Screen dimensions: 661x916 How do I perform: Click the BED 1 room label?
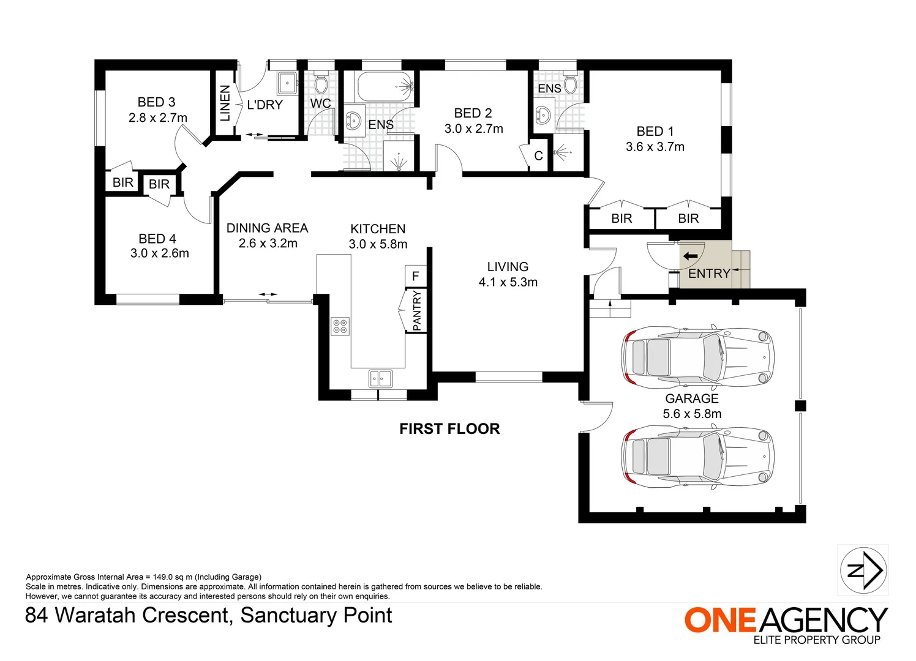[655, 132]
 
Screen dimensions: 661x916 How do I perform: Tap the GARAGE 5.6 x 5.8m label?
[692, 406]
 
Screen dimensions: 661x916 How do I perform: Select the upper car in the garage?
[697, 356]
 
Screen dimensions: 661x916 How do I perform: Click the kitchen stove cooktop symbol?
[340, 326]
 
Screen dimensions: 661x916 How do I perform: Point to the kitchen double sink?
[380, 378]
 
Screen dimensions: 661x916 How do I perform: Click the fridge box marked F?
[415, 276]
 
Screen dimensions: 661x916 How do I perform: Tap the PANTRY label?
[417, 311]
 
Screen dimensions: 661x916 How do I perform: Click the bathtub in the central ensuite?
[385, 87]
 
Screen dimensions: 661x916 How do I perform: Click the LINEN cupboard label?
[225, 103]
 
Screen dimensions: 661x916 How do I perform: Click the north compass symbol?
[863, 570]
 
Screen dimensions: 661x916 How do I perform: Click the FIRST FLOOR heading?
[449, 429]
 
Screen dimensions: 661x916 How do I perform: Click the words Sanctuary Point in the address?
[316, 615]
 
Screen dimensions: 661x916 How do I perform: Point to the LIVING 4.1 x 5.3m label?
[508, 274]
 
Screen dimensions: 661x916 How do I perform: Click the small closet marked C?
[538, 155]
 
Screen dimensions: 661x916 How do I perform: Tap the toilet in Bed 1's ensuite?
[570, 83]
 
